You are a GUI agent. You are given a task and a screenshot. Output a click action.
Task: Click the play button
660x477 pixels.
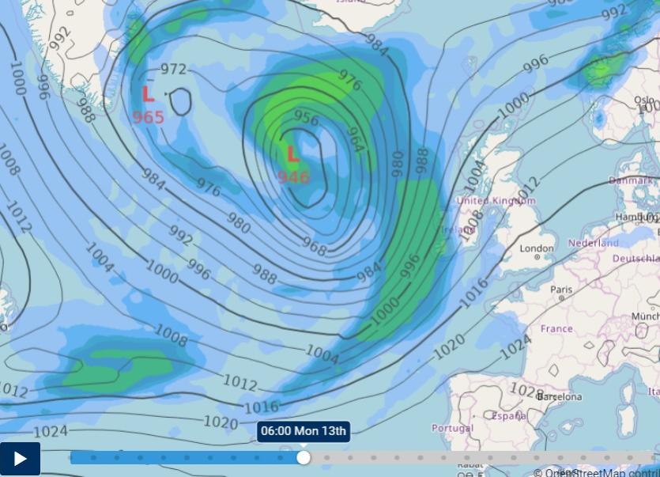(x=20, y=459)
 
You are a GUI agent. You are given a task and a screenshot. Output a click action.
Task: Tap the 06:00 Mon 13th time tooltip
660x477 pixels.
(x=304, y=431)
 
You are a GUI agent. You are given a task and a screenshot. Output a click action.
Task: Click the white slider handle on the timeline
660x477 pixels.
(x=304, y=457)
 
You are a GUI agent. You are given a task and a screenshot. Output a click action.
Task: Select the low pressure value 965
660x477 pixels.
(x=148, y=117)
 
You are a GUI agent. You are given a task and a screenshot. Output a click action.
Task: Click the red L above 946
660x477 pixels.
(x=292, y=153)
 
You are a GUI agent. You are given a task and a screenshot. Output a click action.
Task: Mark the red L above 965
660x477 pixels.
(x=148, y=95)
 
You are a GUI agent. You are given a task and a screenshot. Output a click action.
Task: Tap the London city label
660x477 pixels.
(x=537, y=248)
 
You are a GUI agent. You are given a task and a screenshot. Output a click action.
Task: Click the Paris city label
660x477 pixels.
(x=561, y=290)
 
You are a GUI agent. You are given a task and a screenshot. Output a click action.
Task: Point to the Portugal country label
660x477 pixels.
(x=452, y=428)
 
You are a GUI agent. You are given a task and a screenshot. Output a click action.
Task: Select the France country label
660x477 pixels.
(x=556, y=328)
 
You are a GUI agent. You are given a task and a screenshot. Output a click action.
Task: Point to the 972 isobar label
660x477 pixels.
(x=173, y=69)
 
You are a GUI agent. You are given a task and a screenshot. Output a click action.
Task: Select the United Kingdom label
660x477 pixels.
(x=496, y=201)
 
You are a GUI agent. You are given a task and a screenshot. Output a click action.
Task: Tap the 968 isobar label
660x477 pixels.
(x=314, y=247)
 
